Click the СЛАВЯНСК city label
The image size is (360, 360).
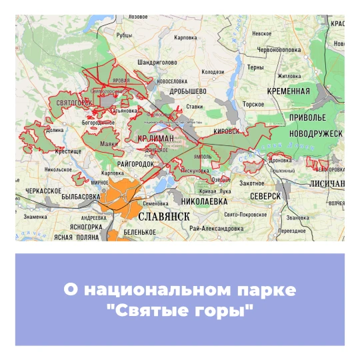pyautogui.click(x=164, y=217)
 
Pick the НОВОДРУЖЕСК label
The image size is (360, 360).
pyautogui.click(x=316, y=134)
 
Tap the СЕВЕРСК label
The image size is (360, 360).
pyautogui.click(x=265, y=197)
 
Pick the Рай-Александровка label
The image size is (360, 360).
pyautogui.click(x=215, y=228)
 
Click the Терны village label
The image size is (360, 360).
pyautogui.click(x=255, y=67)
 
